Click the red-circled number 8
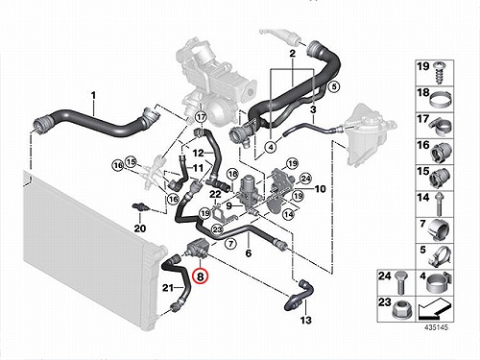200,276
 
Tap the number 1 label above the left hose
93,95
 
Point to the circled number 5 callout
333,86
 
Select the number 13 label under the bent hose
306,320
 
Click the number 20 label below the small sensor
140,228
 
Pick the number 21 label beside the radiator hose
168,288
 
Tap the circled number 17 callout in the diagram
201,117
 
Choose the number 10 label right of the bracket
320,189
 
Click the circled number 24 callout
305,179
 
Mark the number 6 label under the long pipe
249,253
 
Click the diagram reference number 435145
436,327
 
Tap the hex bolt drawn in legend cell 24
400,282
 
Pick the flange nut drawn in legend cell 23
401,311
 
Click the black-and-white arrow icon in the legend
434,310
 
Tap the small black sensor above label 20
141,206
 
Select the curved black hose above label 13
300,296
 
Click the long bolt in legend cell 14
439,204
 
